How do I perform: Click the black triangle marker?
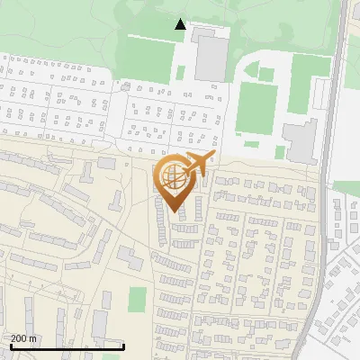(181, 24)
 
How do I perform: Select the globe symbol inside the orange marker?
(173, 181)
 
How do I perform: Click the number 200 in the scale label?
(19, 338)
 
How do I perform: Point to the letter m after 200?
(33, 338)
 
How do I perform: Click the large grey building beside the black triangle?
(211, 56)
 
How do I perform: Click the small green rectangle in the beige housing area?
(137, 299)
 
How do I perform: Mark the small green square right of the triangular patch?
(267, 73)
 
